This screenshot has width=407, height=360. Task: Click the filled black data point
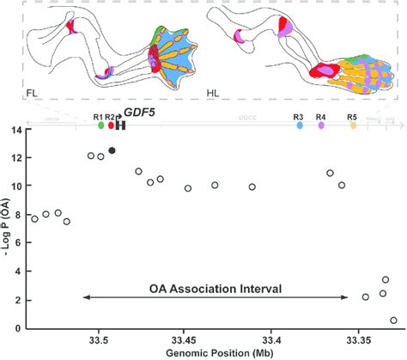[112, 150]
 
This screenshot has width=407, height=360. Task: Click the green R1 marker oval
[101, 125]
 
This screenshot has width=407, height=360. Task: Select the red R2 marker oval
[111, 125]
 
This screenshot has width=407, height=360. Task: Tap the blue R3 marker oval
[300, 125]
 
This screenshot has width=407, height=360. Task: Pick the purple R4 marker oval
[321, 125]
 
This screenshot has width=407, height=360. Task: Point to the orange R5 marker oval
[353, 125]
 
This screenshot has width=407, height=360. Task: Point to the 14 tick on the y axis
[17, 131]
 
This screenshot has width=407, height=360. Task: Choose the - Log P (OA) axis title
[6, 230]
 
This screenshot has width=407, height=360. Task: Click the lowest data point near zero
[393, 320]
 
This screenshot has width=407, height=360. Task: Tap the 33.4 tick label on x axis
[272, 340]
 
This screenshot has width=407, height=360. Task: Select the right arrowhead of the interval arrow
[347, 298]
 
